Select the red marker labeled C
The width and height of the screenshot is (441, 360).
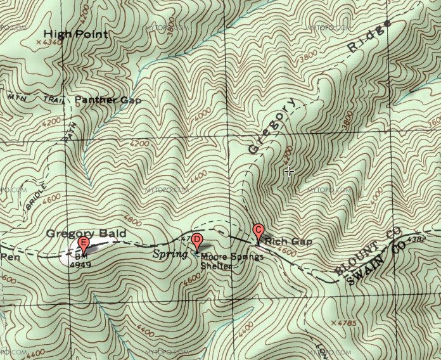click(258, 231)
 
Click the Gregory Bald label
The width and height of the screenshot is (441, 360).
click(86, 234)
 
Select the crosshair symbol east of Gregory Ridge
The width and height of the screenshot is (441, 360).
click(290, 170)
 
